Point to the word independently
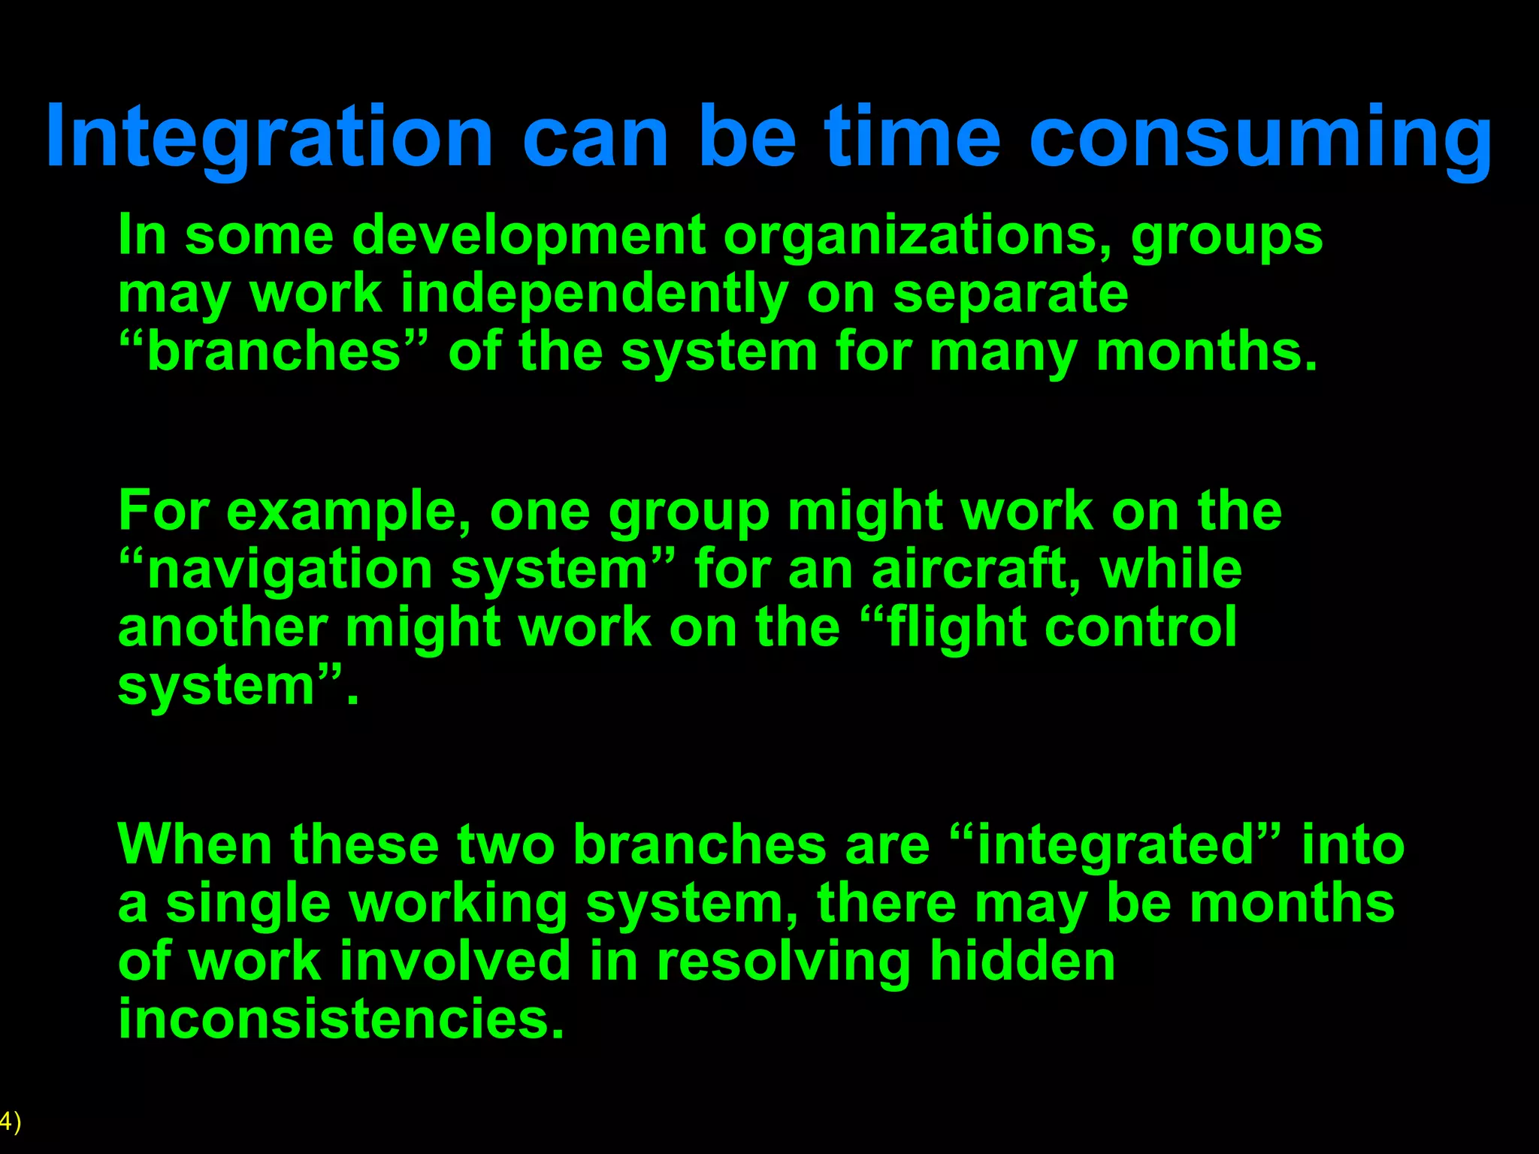pos(594,294)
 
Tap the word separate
pos(1010,294)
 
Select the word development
pos(528,236)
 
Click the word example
pos(349,512)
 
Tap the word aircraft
pos(976,569)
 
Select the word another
pos(222,628)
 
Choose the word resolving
pos(784,962)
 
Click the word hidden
pos(1022,962)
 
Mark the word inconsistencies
pos(340,1020)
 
